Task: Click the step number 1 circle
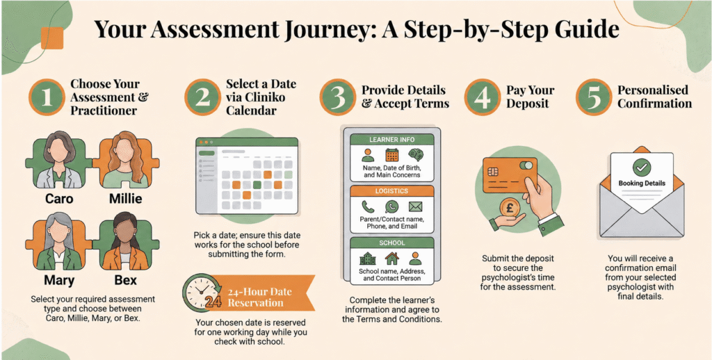point(47,97)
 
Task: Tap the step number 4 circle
point(483,97)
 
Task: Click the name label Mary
point(60,280)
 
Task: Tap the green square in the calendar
point(257,184)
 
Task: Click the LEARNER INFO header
point(392,140)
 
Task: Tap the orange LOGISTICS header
point(392,191)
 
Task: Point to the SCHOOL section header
point(392,243)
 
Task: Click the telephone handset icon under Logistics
point(367,206)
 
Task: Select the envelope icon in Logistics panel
point(415,207)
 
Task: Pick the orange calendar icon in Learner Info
point(391,155)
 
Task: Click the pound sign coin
point(510,210)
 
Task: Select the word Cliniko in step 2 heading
point(259,97)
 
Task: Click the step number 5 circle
point(594,97)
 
